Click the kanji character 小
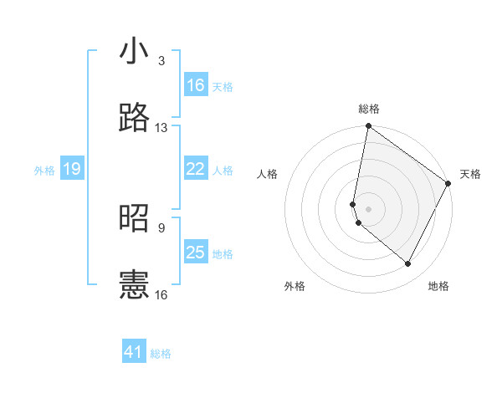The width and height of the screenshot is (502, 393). tap(135, 52)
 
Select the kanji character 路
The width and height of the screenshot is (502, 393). tap(135, 118)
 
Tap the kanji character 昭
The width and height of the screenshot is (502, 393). tap(135, 218)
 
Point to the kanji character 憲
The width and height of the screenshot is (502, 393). tap(135, 284)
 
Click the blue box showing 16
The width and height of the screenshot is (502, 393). tap(196, 85)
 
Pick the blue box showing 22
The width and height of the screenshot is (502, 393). tap(196, 169)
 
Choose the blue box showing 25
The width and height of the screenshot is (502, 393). tap(196, 253)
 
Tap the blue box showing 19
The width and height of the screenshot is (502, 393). tap(71, 170)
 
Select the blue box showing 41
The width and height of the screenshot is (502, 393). tap(134, 352)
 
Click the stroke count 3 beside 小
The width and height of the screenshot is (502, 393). tap(161, 61)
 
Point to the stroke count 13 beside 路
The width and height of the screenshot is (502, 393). tap(161, 128)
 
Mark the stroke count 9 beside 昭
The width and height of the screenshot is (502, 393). tap(161, 227)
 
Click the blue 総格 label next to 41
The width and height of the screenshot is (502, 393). tap(161, 354)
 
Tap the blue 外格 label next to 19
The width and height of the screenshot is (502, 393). tap(44, 171)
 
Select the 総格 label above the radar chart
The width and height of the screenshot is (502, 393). tap(369, 109)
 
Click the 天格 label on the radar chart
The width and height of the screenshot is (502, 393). tap(470, 174)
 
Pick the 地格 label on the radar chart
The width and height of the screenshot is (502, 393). tap(438, 286)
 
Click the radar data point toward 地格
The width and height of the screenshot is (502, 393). tap(408, 264)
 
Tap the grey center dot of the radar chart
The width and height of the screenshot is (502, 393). tap(368, 208)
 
